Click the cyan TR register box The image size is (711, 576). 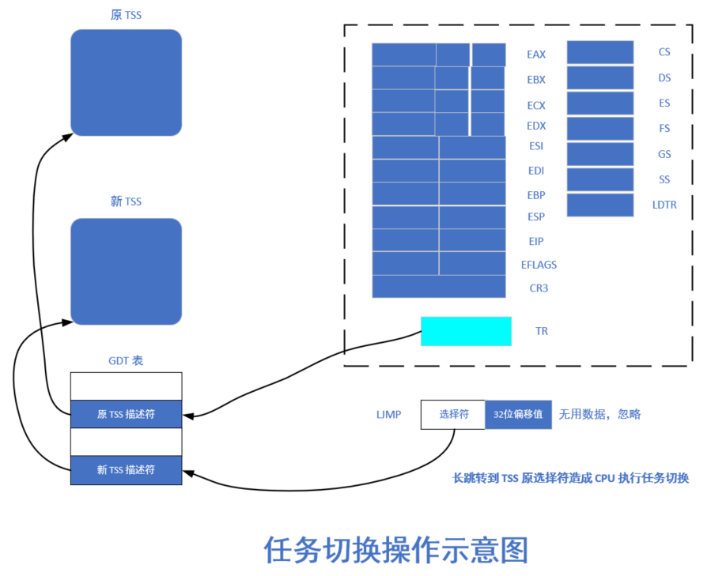tap(466, 331)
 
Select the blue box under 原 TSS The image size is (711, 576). tap(126, 83)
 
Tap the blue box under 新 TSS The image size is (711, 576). tap(126, 271)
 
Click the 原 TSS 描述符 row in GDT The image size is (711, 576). tap(126, 414)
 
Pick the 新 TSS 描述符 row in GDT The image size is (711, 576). tap(126, 470)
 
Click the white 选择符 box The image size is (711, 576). tap(452, 414)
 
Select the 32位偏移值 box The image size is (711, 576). tap(518, 414)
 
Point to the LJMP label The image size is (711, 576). tap(389, 414)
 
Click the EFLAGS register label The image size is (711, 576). tap(539, 265)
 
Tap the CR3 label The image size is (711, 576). tap(539, 288)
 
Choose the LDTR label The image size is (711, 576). tap(664, 205)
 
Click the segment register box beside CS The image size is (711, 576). tap(600, 52)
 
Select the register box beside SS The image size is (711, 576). tap(600, 179)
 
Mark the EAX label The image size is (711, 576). tap(536, 55)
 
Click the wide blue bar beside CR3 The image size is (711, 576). tap(438, 287)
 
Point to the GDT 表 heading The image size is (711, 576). tap(126, 360)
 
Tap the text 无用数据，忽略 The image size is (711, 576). tap(599, 414)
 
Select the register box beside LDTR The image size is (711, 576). tap(600, 205)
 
